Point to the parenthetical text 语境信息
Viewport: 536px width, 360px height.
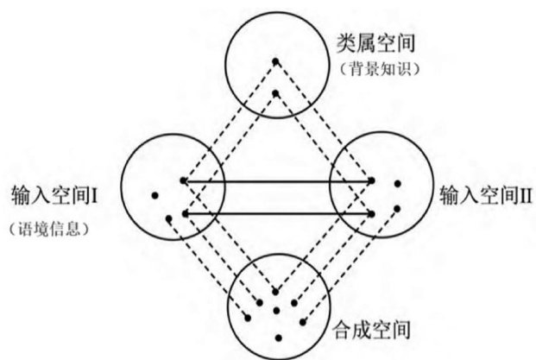click(49, 229)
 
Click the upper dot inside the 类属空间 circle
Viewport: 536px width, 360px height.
click(275, 60)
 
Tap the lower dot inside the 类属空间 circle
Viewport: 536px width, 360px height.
click(275, 92)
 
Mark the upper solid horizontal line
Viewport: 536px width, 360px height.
click(276, 181)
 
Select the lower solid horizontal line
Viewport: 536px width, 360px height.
click(276, 212)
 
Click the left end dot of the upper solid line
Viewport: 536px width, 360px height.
click(182, 181)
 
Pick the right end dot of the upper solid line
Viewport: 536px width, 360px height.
click(372, 181)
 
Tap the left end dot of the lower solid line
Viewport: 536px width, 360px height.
click(182, 212)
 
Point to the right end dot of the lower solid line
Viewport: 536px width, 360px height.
click(372, 212)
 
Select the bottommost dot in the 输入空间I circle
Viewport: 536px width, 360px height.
click(167, 218)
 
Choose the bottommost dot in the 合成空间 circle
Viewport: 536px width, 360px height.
click(277, 335)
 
